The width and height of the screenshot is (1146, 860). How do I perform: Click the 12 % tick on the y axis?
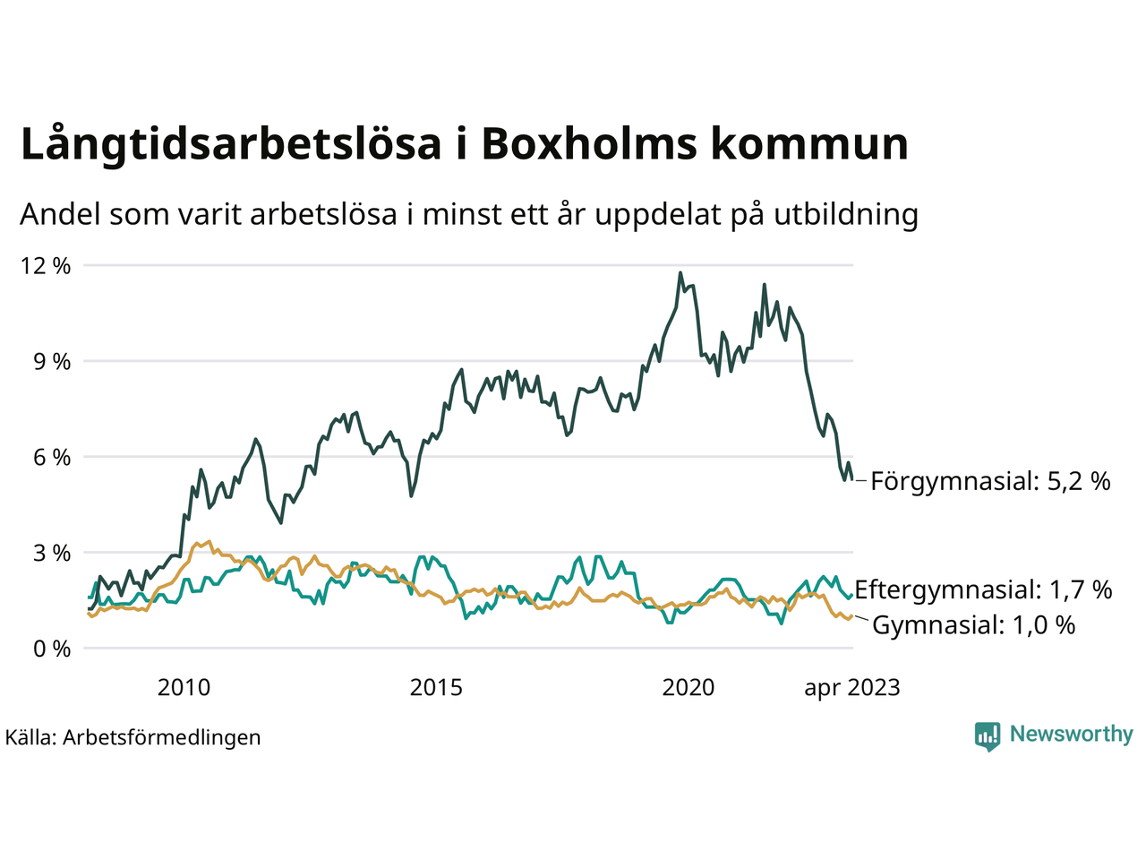[46, 266]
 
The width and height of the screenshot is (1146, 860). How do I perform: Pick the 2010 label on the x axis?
[184, 688]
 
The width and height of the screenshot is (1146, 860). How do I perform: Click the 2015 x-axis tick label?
[436, 688]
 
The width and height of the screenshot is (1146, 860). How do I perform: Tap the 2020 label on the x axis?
[688, 688]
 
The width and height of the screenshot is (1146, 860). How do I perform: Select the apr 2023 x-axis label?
[851, 688]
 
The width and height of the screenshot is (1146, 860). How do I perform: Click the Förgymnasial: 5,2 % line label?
[990, 481]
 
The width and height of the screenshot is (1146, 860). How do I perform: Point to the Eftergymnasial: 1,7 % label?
[983, 589]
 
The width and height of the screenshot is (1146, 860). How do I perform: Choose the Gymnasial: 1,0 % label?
[973, 625]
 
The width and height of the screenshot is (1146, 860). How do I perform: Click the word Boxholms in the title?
[589, 144]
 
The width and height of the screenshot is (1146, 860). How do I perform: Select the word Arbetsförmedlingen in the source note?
[162, 737]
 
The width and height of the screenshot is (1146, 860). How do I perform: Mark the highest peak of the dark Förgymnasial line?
[680, 272]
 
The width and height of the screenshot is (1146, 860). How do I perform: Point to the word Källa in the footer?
[30, 737]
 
